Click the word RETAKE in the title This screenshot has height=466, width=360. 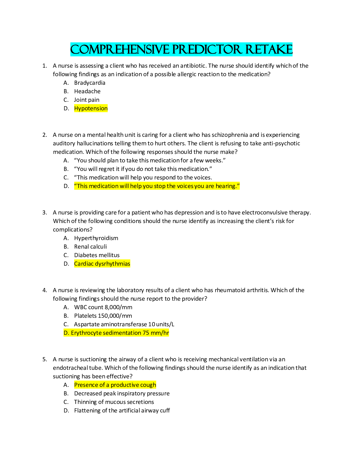tap(269, 49)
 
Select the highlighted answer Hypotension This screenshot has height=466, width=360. tap(91, 109)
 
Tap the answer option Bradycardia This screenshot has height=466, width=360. tap(89, 83)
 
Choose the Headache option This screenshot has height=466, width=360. tap(87, 91)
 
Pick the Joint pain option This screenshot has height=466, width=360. tap(86, 100)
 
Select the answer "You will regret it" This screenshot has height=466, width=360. tap(143, 169)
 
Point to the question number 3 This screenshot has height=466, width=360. tap(44, 212)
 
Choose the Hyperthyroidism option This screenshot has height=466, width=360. tap(96, 238)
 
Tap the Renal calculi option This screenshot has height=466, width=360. tap(90, 247)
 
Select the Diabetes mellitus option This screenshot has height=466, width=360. tap(97, 255)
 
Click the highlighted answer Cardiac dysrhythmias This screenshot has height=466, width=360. tap(102, 264)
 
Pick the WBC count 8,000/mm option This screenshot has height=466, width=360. tap(103, 307)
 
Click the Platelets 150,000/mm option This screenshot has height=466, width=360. tap(103, 316)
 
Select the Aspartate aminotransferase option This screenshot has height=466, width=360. tap(124, 324)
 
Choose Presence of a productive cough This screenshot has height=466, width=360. tap(115, 385)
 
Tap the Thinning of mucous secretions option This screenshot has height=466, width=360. tap(114, 402)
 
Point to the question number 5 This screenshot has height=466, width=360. tap(44, 359)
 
